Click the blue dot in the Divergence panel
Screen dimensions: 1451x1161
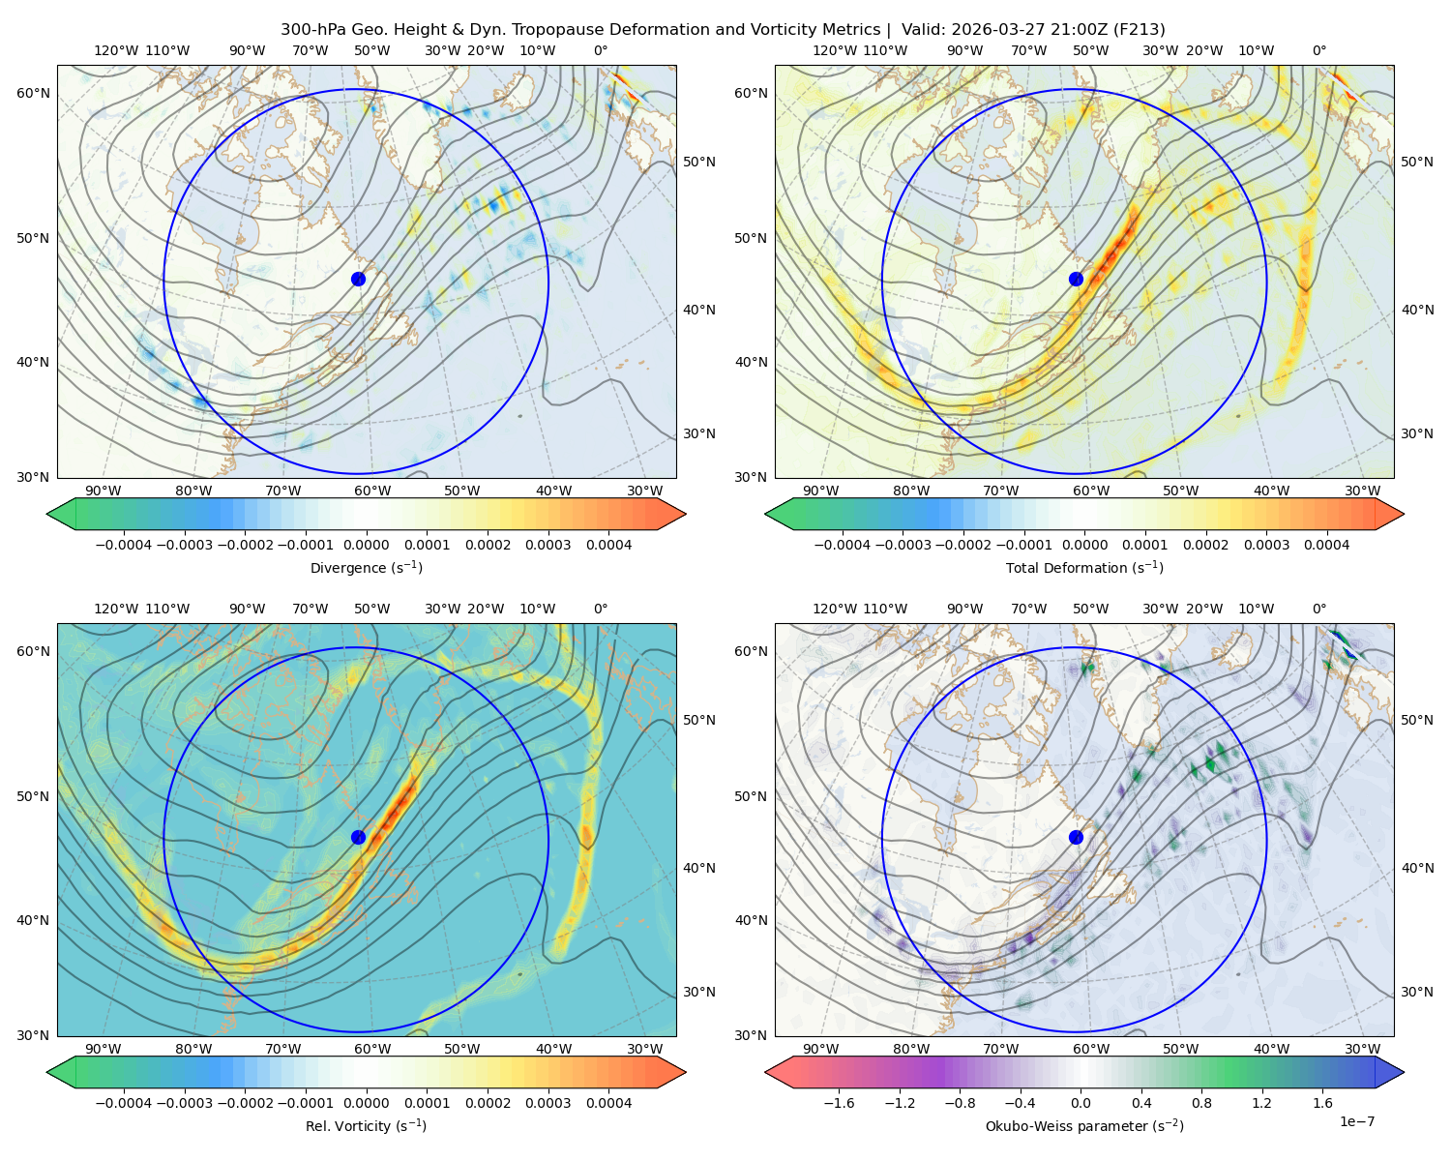coord(358,279)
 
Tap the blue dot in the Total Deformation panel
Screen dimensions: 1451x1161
coord(1076,279)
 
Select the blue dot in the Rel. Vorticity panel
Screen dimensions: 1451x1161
coord(358,837)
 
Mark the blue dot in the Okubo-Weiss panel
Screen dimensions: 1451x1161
coord(1076,837)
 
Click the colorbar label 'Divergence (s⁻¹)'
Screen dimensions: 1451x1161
coord(366,568)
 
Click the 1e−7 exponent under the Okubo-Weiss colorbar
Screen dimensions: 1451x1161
coord(1356,1121)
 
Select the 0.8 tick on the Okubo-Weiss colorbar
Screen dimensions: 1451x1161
coord(1201,1103)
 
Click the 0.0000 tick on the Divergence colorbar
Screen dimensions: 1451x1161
coord(366,545)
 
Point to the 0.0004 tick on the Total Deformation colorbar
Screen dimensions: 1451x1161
coord(1326,545)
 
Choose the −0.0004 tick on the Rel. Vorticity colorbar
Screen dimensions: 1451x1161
coord(124,1103)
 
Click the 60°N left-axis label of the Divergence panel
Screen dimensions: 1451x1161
coord(33,93)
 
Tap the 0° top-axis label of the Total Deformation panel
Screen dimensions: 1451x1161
coord(1318,50)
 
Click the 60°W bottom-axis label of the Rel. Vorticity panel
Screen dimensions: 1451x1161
coord(372,1049)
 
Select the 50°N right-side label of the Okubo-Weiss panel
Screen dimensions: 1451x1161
coord(1417,720)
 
